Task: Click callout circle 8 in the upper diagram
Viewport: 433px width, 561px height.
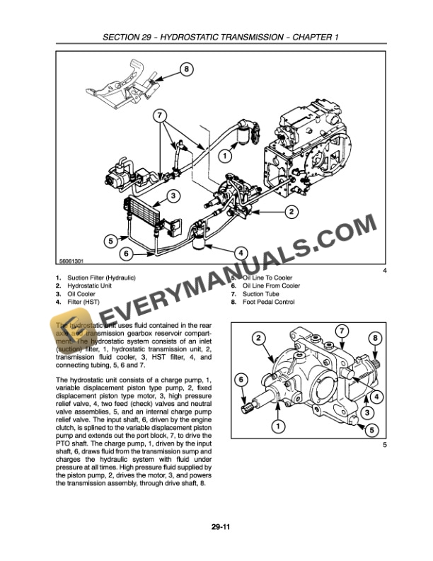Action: pos(186,69)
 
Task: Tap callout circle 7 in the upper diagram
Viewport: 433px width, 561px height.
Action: pos(159,115)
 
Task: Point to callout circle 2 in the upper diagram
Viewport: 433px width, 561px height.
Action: pos(291,211)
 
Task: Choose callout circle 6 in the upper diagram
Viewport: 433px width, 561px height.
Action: pos(125,253)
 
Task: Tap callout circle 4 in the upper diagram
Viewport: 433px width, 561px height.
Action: pos(240,253)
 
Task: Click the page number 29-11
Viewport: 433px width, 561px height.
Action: pos(217,526)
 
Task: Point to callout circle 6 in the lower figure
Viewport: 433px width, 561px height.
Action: pos(241,380)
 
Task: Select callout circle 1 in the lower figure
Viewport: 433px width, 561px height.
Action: pos(277,426)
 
